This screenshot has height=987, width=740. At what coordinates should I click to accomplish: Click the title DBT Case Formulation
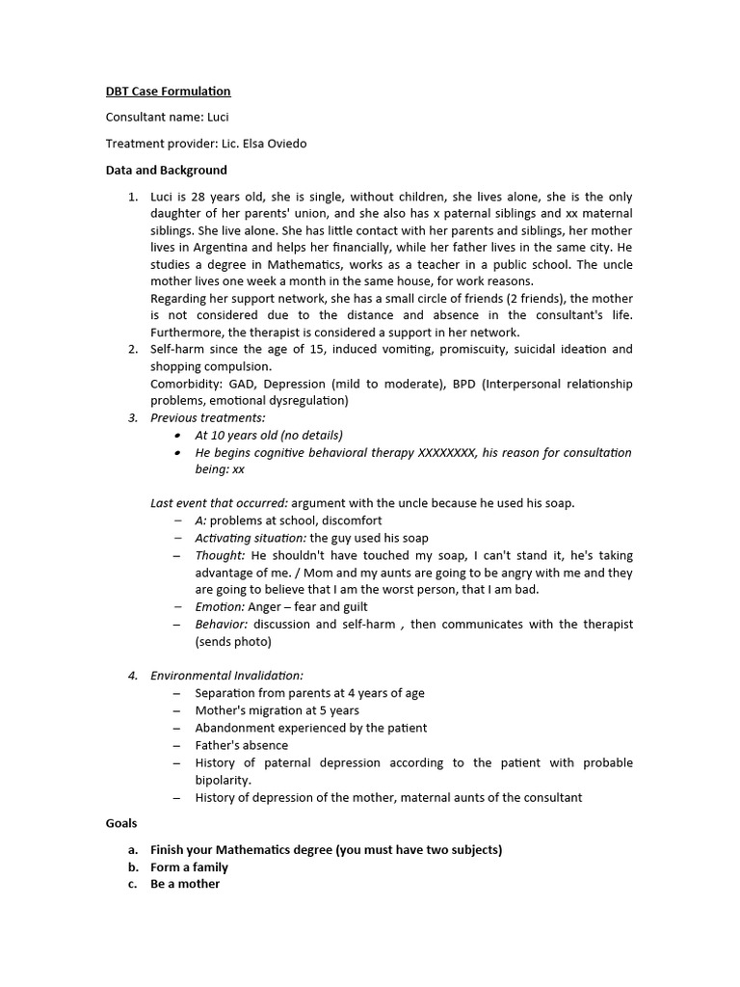[168, 92]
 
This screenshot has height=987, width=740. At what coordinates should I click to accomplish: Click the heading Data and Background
[166, 171]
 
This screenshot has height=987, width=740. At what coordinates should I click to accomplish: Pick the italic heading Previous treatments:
[208, 417]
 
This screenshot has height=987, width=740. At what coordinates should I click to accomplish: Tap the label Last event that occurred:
[219, 503]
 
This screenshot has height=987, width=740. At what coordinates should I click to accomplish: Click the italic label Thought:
[220, 555]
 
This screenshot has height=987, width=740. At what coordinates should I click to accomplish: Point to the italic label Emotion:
[221, 607]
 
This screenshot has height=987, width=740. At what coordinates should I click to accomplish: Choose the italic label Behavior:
[222, 625]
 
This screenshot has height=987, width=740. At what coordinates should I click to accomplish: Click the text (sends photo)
[233, 642]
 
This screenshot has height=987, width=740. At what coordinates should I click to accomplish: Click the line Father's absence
[241, 745]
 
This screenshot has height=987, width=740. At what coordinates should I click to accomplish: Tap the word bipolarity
[223, 780]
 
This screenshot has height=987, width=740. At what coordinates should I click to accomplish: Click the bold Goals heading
[121, 823]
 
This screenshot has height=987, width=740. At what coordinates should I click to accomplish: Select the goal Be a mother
[185, 884]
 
